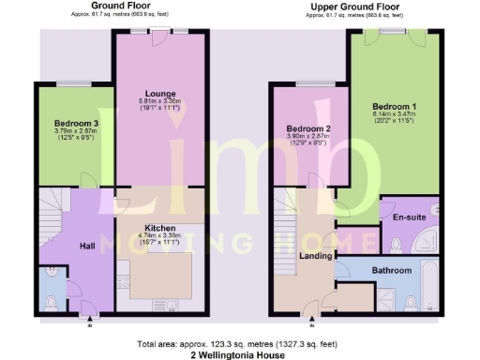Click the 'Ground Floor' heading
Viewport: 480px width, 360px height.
pyautogui.click(x=117, y=7)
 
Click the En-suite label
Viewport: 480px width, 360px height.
pyautogui.click(x=410, y=217)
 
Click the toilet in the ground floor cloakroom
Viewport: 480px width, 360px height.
pyautogui.click(x=52, y=302)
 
